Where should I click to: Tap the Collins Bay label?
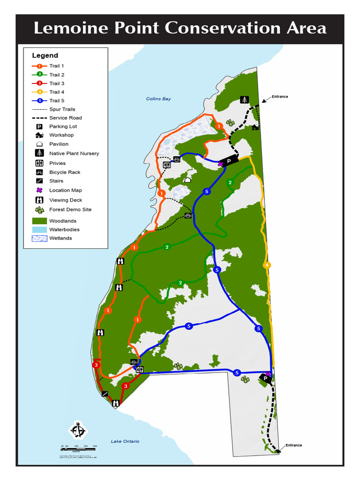coord(158,99)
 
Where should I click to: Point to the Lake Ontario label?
coord(125,441)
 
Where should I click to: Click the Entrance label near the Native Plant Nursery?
coord(280,97)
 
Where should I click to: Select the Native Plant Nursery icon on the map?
coord(244,99)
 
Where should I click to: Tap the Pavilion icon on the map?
coord(187,180)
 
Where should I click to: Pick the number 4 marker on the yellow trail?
coord(267,265)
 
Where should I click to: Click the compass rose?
coord(78,430)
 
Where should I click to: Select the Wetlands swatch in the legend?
coord(39,238)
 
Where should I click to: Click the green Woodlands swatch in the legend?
coord(39,221)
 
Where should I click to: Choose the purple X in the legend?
coord(39,190)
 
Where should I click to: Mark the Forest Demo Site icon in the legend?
coord(39,210)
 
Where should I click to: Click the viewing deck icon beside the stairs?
coord(116,403)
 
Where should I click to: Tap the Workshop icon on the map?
coord(255,127)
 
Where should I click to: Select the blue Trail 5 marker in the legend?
coord(39,100)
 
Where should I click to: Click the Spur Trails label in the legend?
coord(62,109)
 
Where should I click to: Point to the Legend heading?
coord(45,55)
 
